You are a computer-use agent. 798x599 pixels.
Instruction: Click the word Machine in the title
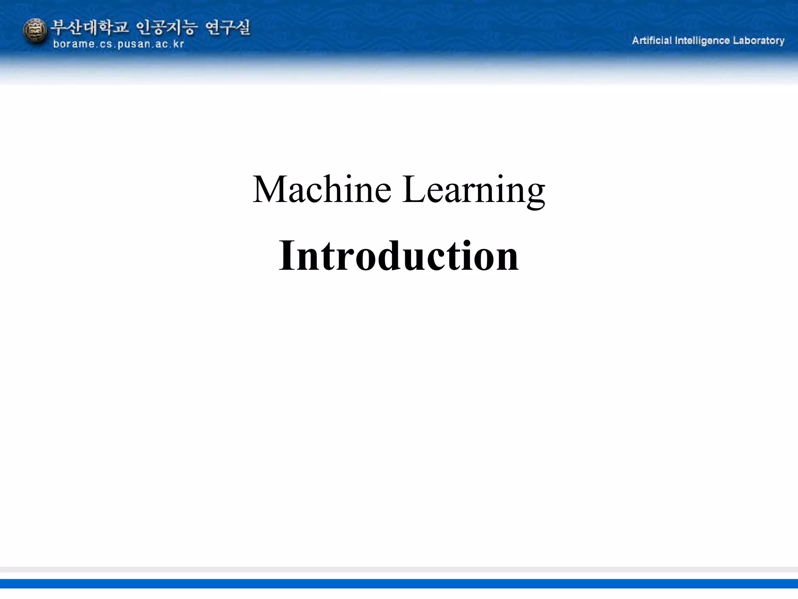322,190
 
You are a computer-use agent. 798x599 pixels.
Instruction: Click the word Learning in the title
473,190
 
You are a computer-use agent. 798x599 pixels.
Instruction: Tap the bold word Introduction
399,256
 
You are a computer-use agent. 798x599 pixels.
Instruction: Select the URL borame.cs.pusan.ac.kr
118,44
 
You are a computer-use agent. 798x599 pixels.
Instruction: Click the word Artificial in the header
651,41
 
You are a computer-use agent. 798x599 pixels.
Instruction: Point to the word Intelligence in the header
702,41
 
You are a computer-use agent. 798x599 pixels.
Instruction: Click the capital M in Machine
270,190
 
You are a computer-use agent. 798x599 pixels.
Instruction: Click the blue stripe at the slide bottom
399,583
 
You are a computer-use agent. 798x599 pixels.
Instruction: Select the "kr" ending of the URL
178,44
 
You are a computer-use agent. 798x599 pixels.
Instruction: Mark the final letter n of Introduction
507,259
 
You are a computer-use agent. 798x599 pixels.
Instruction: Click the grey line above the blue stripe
399,569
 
